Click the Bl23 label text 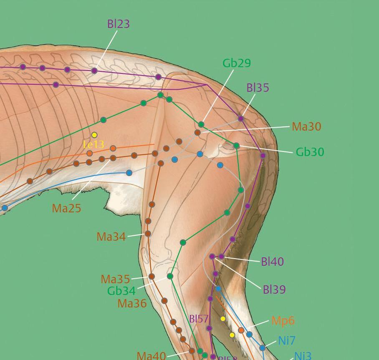119,24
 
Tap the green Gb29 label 237,63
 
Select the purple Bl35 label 258,88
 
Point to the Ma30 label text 306,126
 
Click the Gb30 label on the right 310,152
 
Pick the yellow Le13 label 93,144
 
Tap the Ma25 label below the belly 66,208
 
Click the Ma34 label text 111,237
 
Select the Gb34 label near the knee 121,290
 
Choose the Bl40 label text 272,262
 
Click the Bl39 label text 274,290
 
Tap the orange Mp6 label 283,320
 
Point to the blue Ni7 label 287,340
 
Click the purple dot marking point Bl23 94,71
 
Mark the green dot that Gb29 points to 201,124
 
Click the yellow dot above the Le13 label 94,135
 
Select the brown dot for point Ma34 147,234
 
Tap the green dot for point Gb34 170,276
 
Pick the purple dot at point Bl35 241,118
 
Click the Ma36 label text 132,303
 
